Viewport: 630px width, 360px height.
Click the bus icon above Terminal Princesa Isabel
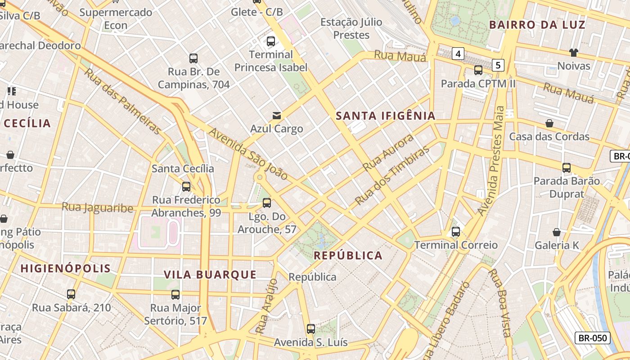tap(271, 41)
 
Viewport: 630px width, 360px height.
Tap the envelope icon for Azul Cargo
tap(277, 116)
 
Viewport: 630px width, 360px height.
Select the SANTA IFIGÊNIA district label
tap(386, 116)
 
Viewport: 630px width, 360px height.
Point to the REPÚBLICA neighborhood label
tap(348, 256)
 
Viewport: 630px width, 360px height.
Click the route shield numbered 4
tap(458, 54)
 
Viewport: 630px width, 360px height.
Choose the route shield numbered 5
tap(497, 65)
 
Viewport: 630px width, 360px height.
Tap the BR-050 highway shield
tap(592, 338)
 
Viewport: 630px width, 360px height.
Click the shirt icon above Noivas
tap(573, 53)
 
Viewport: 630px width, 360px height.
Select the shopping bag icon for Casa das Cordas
tap(549, 123)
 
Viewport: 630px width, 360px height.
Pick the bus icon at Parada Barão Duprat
tap(567, 168)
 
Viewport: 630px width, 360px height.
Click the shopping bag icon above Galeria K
tap(557, 232)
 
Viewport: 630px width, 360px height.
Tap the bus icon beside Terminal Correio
tap(456, 232)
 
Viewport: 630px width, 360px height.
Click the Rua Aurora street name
tap(388, 152)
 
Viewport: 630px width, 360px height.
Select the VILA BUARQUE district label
tap(210, 274)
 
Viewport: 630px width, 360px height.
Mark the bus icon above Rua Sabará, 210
tap(71, 294)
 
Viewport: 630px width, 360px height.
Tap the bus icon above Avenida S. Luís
tap(310, 329)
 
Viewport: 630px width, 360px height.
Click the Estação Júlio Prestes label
tap(351, 28)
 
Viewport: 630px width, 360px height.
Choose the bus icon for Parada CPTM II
tap(478, 70)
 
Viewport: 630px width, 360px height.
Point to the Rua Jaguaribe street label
tap(97, 207)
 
